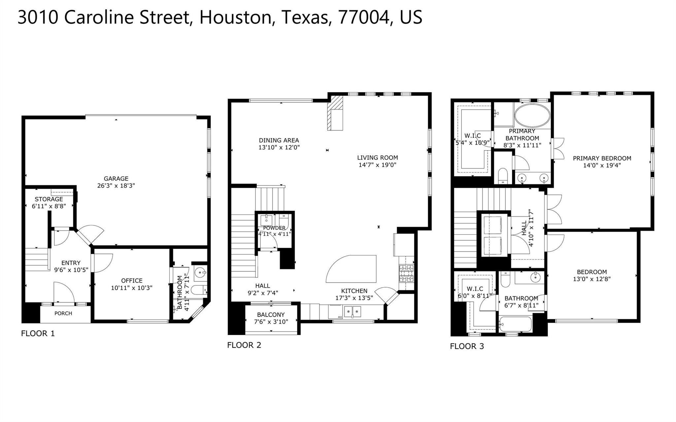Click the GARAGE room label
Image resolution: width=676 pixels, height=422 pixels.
click(x=116, y=179)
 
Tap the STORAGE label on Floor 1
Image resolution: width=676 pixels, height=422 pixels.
click(x=49, y=199)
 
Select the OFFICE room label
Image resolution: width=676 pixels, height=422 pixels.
click(x=132, y=281)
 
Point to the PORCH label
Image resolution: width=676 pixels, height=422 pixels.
click(x=63, y=313)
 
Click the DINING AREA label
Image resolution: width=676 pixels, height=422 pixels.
click(x=279, y=141)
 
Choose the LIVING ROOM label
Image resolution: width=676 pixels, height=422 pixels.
click(x=378, y=158)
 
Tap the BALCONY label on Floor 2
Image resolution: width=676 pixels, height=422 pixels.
click(x=271, y=315)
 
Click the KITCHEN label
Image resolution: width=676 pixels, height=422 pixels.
click(x=354, y=291)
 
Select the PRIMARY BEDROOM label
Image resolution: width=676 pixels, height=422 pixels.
click(x=602, y=158)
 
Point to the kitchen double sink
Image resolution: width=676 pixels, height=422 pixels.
click(x=353, y=311)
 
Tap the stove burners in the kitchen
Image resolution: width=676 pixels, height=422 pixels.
click(x=406, y=273)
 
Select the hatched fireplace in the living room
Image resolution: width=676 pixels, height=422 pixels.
click(x=335, y=113)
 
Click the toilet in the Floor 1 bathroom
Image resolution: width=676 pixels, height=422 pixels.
click(x=199, y=290)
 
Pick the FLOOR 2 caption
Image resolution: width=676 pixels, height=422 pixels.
click(x=244, y=345)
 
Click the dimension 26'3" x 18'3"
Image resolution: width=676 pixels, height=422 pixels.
click(x=116, y=186)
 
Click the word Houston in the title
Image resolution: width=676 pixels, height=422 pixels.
click(x=235, y=17)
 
